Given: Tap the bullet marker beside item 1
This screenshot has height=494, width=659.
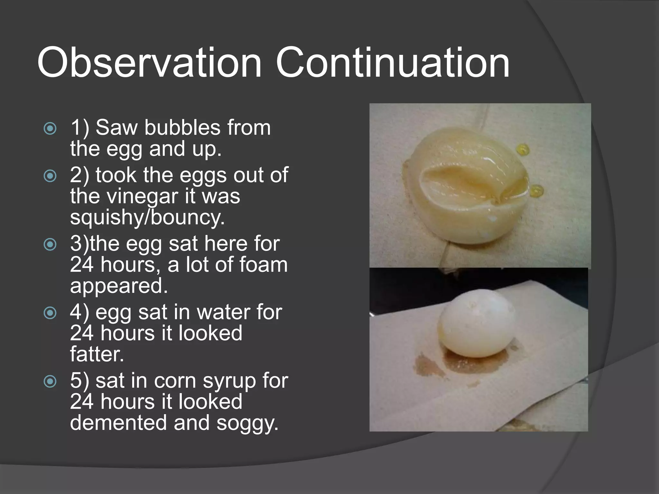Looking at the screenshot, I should coord(50,129).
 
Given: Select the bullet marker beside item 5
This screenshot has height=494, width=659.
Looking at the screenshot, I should coord(50,382).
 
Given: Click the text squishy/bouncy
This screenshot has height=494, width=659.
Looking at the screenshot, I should coord(147,218).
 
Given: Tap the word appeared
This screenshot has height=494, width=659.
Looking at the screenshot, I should coord(119,286).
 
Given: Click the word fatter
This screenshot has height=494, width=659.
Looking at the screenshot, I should coord(97,354).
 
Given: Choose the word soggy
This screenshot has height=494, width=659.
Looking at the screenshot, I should coord(247,423).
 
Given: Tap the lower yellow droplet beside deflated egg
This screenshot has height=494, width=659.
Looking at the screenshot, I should coord(536,191).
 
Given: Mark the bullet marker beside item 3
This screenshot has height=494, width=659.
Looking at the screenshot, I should coord(50,244).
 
